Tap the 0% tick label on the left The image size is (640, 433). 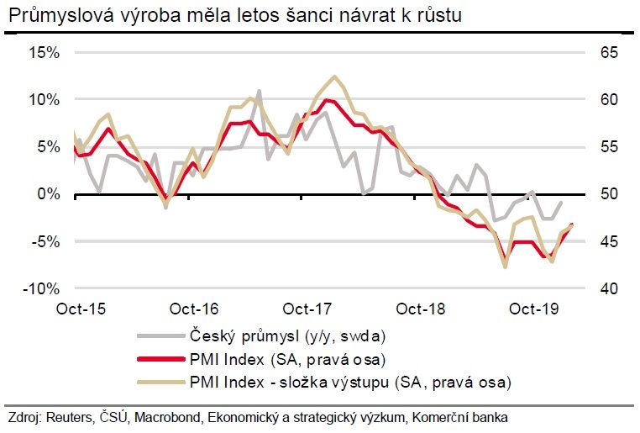click(49, 193)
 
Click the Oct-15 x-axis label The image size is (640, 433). click(81, 308)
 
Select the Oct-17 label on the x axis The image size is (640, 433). click(307, 308)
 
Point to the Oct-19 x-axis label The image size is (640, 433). click(534, 308)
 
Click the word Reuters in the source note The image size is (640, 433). click(70, 418)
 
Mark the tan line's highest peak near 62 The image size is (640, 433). click(335, 77)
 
